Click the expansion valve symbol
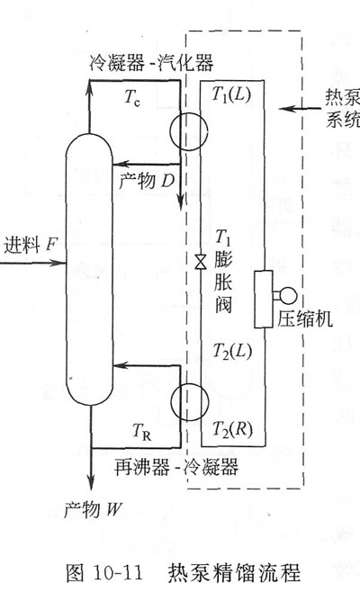[x=201, y=262]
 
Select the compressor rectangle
[x=264, y=299]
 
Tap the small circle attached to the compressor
[x=288, y=296]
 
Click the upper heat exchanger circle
[x=188, y=131]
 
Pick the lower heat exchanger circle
[x=190, y=401]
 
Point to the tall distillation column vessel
[x=89, y=269]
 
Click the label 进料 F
[x=30, y=245]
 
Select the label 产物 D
[x=147, y=182]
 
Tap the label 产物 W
[x=93, y=510]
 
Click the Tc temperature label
[x=132, y=98]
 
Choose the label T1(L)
[x=231, y=94]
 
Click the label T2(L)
[x=232, y=351]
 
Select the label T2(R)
[x=233, y=429]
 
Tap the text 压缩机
[x=305, y=319]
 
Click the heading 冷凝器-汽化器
[x=151, y=63]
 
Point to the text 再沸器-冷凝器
[x=176, y=467]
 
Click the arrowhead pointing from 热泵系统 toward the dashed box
[x=285, y=109]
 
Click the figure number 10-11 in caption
[x=118, y=573]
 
